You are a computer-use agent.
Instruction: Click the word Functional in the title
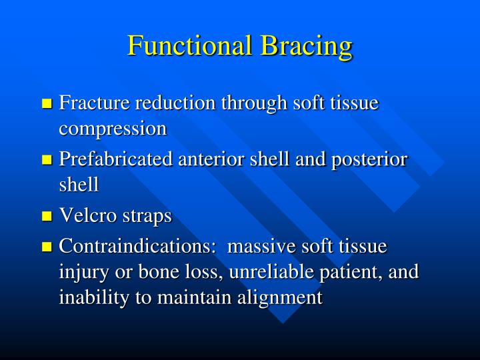(189, 46)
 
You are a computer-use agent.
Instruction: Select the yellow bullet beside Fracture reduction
(47, 104)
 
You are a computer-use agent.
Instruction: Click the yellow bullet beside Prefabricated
(47, 161)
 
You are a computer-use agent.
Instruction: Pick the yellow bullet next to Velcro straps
(47, 217)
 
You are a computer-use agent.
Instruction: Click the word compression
(113, 128)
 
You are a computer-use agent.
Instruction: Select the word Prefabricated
(114, 160)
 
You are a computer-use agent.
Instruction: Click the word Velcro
(85, 216)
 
